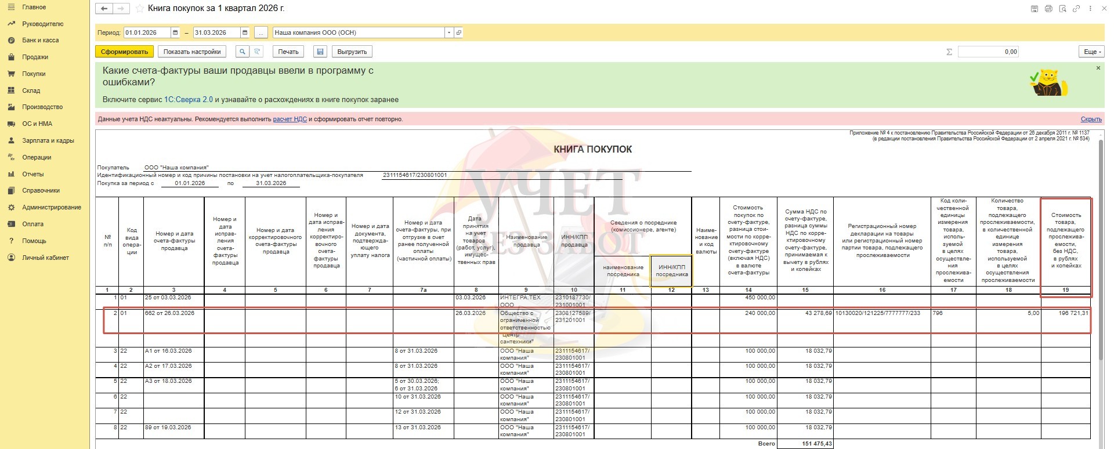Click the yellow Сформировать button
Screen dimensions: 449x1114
click(x=124, y=52)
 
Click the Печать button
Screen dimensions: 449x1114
click(x=288, y=52)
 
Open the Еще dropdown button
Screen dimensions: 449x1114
click(x=1090, y=52)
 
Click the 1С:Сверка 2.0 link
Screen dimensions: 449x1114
click(x=189, y=100)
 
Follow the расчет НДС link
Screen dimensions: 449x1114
click(x=290, y=120)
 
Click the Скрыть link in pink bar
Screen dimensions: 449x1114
click(x=1091, y=120)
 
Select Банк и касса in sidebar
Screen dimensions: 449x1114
click(x=40, y=41)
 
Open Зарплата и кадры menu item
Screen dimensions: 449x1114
click(x=48, y=141)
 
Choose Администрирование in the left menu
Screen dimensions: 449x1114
click(x=51, y=208)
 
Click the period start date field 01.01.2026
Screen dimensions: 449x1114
click(x=147, y=33)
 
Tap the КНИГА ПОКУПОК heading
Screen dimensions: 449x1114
click(x=592, y=149)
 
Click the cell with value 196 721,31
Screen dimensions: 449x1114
click(x=1065, y=313)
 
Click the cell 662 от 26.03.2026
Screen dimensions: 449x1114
click(x=173, y=313)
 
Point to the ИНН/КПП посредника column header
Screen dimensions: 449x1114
click(x=671, y=271)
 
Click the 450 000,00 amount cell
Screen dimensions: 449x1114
click(x=748, y=298)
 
